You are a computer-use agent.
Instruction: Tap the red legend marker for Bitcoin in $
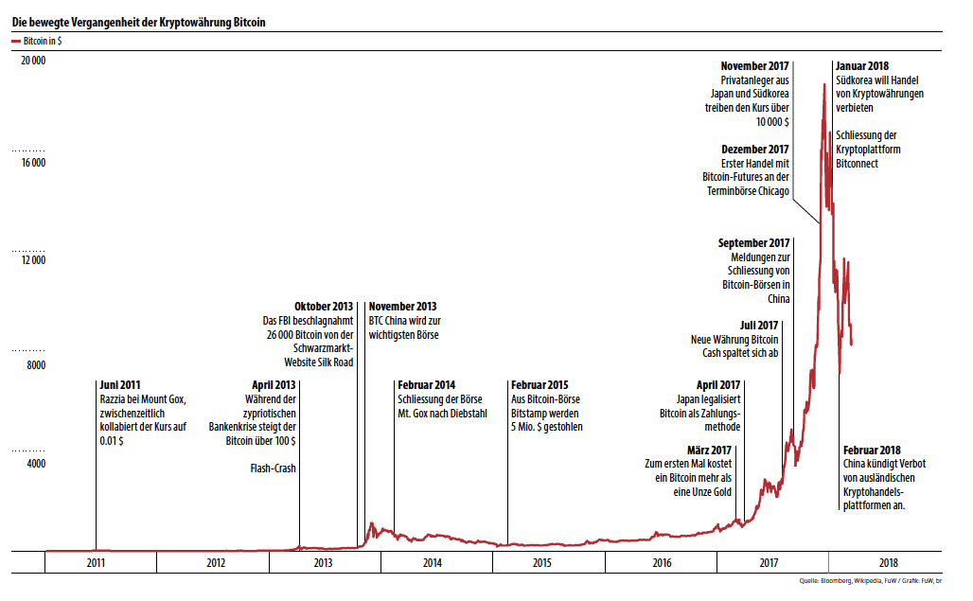16,43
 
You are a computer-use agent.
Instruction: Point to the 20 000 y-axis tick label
33,61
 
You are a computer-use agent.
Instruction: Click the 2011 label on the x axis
96,563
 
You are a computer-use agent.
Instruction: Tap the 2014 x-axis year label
432,563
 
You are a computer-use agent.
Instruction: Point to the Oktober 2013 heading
324,307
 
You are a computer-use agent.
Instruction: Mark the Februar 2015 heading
539,385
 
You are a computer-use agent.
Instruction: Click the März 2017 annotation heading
709,450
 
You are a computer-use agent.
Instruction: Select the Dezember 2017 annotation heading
754,150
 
